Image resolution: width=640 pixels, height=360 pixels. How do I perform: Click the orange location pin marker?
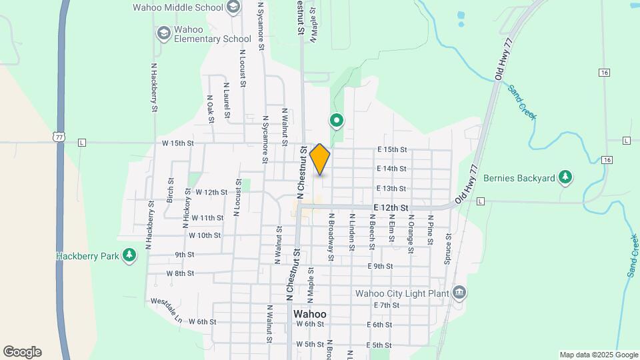click(x=320, y=159)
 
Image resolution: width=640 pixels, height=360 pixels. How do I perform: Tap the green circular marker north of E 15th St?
click(x=337, y=121)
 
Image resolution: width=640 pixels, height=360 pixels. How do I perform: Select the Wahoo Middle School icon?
click(x=233, y=7)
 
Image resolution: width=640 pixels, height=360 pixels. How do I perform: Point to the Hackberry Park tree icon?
click(x=129, y=255)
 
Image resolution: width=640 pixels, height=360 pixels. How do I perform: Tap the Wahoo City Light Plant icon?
click(x=459, y=293)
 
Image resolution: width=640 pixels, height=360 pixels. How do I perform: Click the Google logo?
click(x=22, y=352)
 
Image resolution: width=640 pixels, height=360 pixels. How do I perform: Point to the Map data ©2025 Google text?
click(x=598, y=355)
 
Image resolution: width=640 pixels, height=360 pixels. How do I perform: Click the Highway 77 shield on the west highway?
click(x=59, y=136)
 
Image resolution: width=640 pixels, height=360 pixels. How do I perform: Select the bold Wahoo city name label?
click(x=310, y=314)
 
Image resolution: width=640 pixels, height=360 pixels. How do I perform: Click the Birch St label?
click(x=171, y=190)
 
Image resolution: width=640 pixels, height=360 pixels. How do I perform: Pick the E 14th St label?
click(x=391, y=169)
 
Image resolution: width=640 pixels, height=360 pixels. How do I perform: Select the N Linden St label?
click(x=351, y=232)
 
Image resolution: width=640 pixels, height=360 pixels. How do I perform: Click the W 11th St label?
click(x=207, y=218)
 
